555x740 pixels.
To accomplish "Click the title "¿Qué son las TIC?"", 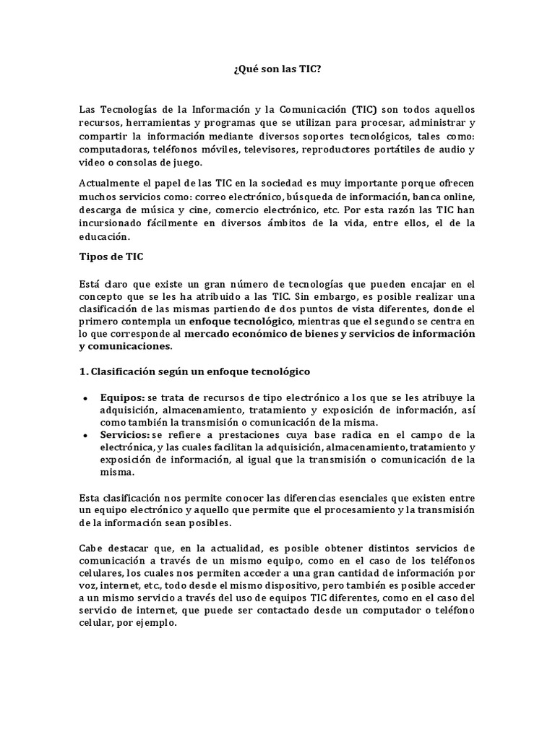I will point(277,69).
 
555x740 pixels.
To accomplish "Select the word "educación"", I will point(104,236).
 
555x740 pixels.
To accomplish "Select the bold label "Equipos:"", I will point(123,397).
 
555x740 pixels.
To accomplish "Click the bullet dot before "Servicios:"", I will point(85,435).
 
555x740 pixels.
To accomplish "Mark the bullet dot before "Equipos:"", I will point(85,398).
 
